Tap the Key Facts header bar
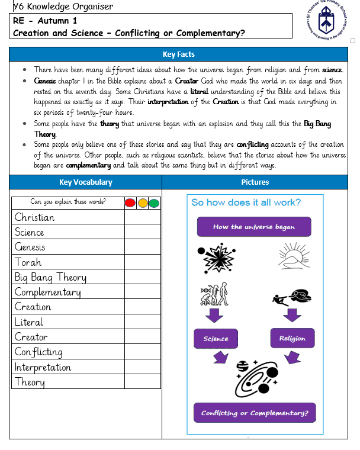coord(178,54)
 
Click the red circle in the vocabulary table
coord(130,202)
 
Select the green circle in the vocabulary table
coord(154,202)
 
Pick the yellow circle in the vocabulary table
coord(143,202)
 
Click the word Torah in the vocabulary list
coord(28,262)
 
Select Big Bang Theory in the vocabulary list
coord(50,277)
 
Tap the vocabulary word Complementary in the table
coord(48,292)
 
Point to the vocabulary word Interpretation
coord(43,367)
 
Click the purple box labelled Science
coord(216,339)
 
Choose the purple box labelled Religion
coord(292,339)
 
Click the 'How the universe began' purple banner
coord(254,227)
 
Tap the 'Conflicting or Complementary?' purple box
coord(255,413)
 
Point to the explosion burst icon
coord(219,256)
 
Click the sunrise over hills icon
coord(295,255)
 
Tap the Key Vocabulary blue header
coord(86,182)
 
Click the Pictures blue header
coord(255,182)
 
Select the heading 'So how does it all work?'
coord(246,202)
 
